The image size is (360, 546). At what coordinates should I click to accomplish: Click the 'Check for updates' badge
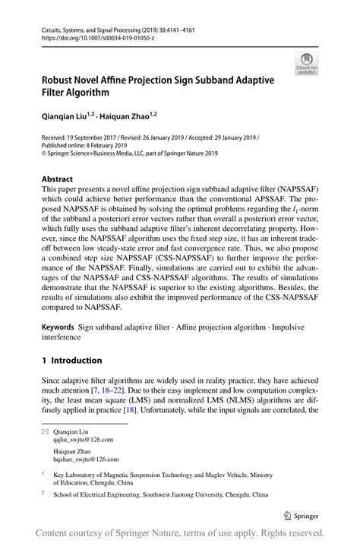[308, 64]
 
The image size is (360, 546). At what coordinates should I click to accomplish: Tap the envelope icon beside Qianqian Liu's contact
[45, 431]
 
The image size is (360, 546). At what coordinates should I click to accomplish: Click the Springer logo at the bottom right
[302, 514]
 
